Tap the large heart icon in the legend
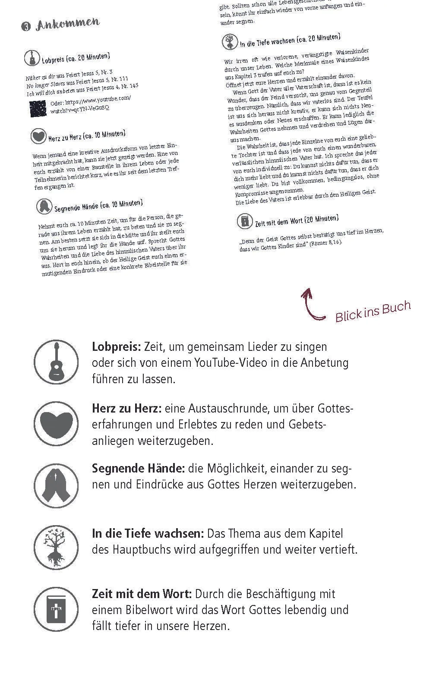(56, 423)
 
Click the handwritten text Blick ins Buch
(373, 311)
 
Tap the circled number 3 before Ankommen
(25, 27)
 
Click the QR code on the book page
(38, 109)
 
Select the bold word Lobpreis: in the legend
(116, 347)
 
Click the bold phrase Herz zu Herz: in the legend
(127, 408)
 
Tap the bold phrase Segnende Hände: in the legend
(138, 469)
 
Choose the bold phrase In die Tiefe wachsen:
(148, 534)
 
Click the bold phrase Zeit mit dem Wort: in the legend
(142, 594)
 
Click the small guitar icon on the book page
(32, 57)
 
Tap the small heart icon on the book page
(38, 136)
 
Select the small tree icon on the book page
(230, 42)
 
